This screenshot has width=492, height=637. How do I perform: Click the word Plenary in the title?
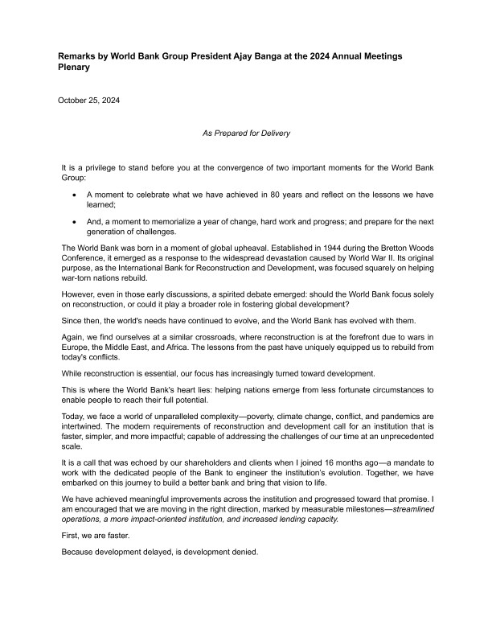click(x=74, y=68)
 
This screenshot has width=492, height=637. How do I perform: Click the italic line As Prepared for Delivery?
click(x=245, y=132)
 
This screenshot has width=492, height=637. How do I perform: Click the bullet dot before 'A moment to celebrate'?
click(x=75, y=195)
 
